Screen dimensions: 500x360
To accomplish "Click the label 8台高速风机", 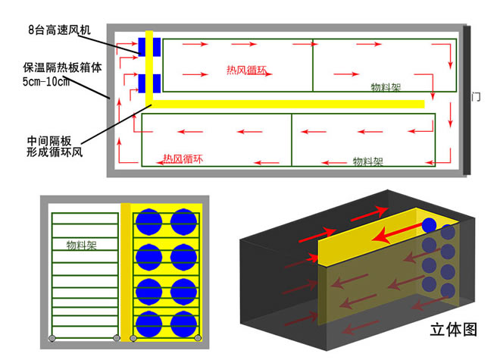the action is pos(59,30).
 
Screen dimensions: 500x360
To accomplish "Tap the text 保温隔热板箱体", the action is pos(62,67).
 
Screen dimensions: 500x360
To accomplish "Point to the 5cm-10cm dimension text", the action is pos(46,82).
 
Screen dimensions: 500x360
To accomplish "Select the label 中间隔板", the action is pos(49,141).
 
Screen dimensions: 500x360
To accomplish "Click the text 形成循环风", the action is pos(55,152).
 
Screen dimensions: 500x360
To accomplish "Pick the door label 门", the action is pos(476,97).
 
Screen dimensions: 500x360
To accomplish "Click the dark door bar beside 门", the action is pos(467,100).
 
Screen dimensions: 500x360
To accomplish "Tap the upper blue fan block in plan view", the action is pos(149,47).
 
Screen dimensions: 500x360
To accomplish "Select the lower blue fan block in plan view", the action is pos(149,83).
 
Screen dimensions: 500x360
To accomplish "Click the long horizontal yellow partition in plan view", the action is pos(288,104).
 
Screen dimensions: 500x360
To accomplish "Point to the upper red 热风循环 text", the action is pos(246,70).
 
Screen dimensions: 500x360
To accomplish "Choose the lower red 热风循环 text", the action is pos(183,159).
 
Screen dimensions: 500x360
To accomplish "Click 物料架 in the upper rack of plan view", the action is pos(386,87).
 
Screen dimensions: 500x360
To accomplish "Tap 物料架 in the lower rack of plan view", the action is pos(367,161).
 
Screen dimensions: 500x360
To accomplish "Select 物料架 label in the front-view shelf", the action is pos(81,245).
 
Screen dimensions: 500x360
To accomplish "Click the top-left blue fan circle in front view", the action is pos(149,222).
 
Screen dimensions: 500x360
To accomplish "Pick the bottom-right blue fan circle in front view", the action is pos(183,324).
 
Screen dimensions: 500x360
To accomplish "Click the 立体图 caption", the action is pos(454,330).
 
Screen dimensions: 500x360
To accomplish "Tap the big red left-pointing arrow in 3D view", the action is pos(397,233).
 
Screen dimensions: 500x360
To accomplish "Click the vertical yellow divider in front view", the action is pos(126,272).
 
